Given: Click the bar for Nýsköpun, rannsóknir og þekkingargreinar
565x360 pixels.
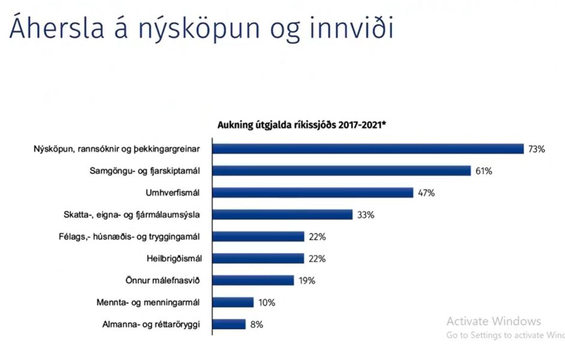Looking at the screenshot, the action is tap(368, 149).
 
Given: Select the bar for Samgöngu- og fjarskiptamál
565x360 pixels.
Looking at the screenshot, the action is tap(342, 170).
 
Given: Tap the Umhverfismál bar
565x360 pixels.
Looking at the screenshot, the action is tap(313, 193).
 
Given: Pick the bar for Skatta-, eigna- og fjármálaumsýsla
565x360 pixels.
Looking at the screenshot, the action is tap(282, 215).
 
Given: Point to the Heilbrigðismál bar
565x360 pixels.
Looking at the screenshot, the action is tap(258, 259).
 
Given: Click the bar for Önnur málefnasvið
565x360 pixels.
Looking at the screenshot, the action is tap(253, 280).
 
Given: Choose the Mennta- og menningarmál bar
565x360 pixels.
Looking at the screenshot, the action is tap(233, 302).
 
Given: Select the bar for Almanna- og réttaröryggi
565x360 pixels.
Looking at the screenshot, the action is tap(229, 325).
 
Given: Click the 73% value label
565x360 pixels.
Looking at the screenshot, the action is tap(537, 149).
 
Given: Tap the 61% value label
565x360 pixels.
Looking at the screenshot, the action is tap(484, 171).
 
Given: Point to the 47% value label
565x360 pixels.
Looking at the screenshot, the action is tap(426, 193).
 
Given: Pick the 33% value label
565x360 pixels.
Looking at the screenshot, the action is tap(366, 215).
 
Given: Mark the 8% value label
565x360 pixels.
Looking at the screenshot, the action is tap(256, 325).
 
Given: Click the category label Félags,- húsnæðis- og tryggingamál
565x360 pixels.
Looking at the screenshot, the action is tap(129, 237).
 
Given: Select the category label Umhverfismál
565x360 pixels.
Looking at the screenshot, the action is tap(172, 193).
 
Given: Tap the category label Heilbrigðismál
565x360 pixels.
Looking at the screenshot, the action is tap(174, 259).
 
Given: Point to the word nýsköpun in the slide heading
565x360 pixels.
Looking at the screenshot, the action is tap(199, 29).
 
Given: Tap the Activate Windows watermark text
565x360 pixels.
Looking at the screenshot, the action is tap(494, 321).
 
